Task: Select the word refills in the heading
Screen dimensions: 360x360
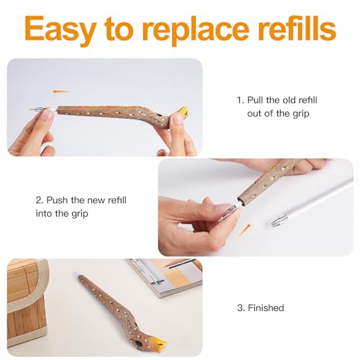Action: [x=297, y=28]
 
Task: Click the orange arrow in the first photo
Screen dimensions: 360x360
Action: [x=60, y=91]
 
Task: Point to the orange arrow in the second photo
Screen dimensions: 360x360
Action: [x=246, y=229]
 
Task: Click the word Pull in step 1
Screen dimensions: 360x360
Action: [x=255, y=100]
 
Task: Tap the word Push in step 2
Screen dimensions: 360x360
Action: [x=57, y=200]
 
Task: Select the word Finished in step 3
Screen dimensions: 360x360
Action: [x=266, y=307]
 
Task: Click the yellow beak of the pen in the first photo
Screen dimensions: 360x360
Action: [x=183, y=111]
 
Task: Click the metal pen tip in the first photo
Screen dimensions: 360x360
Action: [x=38, y=109]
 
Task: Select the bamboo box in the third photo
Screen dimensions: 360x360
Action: [x=27, y=302]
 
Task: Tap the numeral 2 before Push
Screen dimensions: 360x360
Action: [x=38, y=200]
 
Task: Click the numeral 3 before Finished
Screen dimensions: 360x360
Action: [x=240, y=307]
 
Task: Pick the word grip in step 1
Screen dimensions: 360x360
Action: [x=301, y=114]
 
